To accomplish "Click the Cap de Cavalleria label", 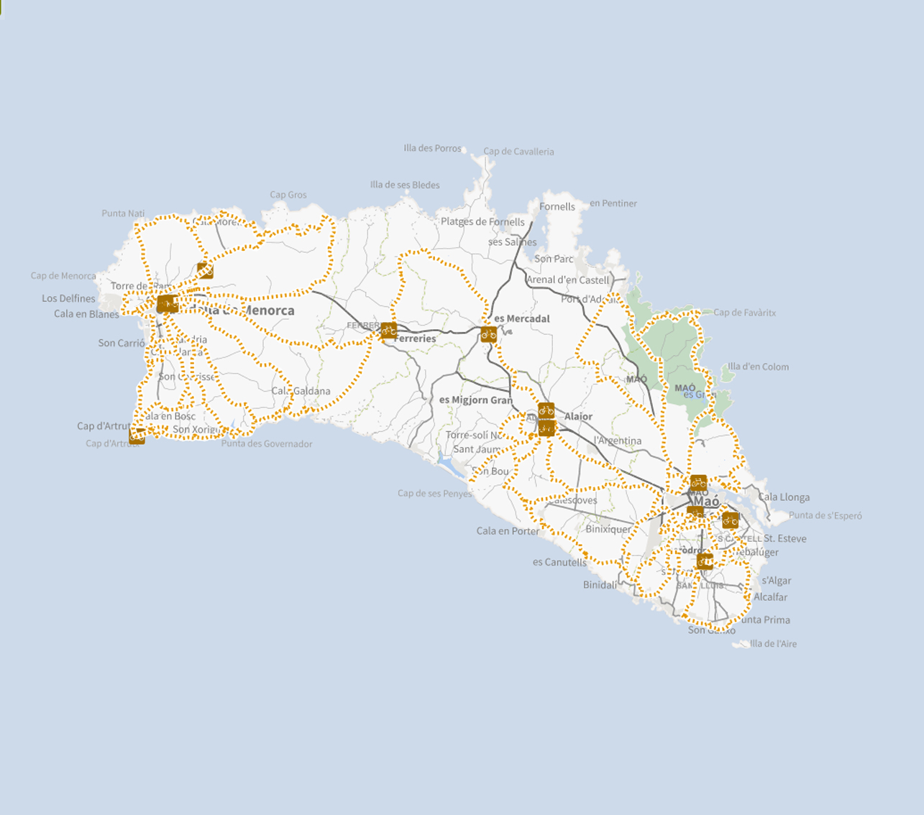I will [x=518, y=152].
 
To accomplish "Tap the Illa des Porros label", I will [x=432, y=148].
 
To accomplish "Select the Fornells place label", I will [x=557, y=207].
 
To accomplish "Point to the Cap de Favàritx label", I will [x=744, y=313].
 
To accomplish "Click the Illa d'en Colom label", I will [x=758, y=367].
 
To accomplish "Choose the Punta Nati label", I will [x=123, y=213].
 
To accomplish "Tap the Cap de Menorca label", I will [x=63, y=276].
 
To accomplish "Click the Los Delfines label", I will [x=68, y=298].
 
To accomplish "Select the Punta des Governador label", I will [x=267, y=444].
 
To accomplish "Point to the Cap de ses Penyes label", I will [x=435, y=494].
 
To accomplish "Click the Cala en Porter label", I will [x=508, y=531].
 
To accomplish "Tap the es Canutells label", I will [x=559, y=562].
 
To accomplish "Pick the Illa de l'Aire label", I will [x=773, y=644].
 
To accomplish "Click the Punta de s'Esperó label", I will [x=825, y=515].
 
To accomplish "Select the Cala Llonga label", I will [x=784, y=497].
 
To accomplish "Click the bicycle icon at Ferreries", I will [x=388, y=331].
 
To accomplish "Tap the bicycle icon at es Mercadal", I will [x=489, y=334].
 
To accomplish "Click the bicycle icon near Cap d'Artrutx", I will [x=137, y=436].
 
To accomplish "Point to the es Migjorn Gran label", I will [x=476, y=400].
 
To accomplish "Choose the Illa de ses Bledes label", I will [x=405, y=185].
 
